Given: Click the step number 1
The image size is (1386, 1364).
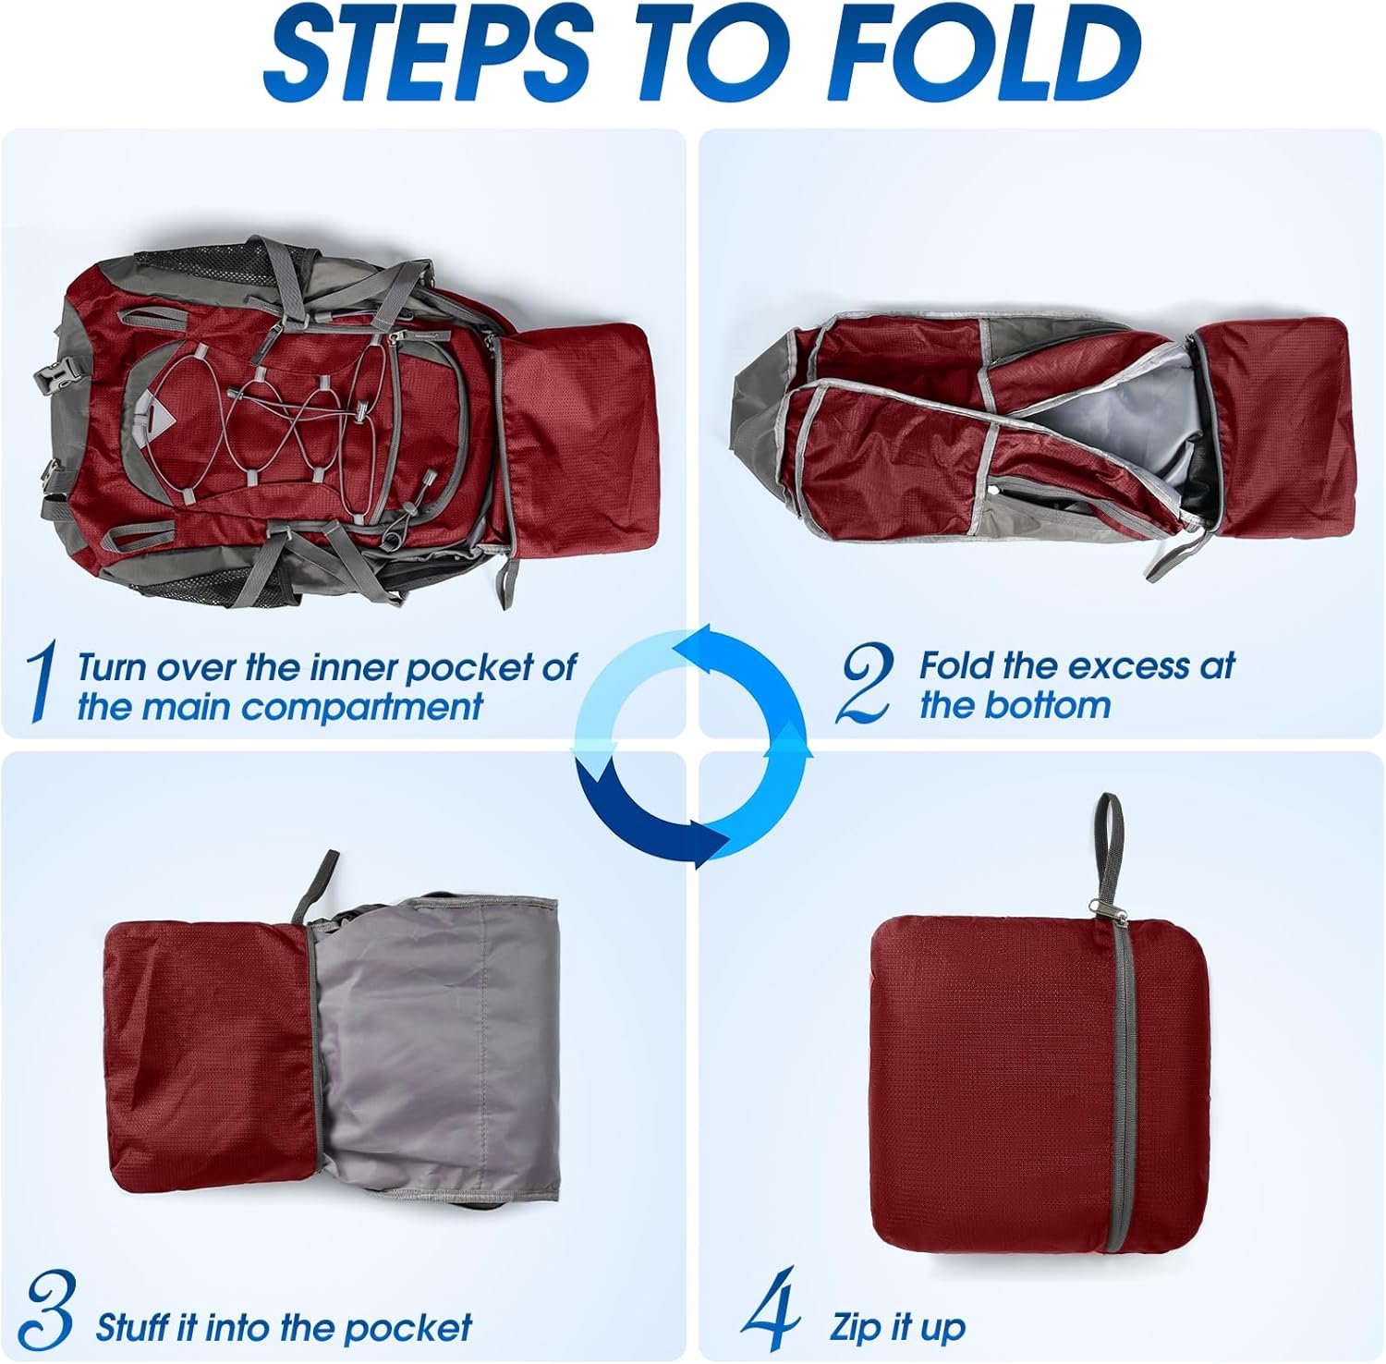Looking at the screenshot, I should coord(40,684).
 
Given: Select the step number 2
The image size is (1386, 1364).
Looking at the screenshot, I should coord(865,684).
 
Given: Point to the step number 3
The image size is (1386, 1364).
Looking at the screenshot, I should coord(47,1309).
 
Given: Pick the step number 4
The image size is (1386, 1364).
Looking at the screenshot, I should coord(772,1309).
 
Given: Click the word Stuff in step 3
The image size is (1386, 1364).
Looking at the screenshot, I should coord(133,1328).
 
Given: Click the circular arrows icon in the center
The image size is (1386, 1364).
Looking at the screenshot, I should coord(692,747).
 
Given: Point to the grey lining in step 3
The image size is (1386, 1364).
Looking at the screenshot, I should coord(434,1044).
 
